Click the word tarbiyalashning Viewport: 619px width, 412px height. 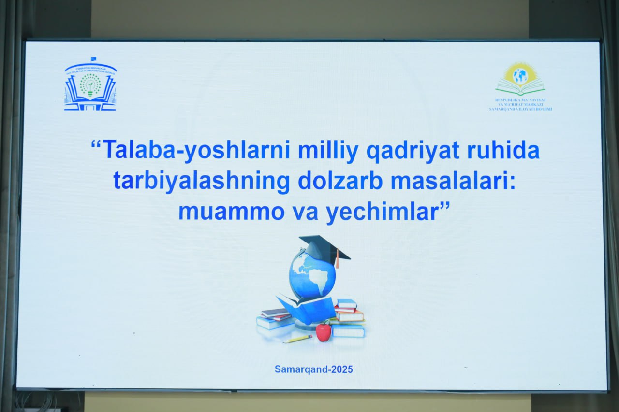(x=202, y=181)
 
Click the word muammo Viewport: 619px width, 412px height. (x=231, y=212)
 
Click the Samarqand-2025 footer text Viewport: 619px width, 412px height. (x=314, y=369)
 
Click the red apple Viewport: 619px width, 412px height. (x=324, y=332)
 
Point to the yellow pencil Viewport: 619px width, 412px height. (x=297, y=339)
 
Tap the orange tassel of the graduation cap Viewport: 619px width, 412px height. (x=337, y=260)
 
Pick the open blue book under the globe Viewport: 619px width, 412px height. (x=307, y=309)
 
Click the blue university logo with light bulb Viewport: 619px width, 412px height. (x=90, y=87)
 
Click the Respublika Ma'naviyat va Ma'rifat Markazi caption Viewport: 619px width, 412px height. (x=520, y=104)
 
